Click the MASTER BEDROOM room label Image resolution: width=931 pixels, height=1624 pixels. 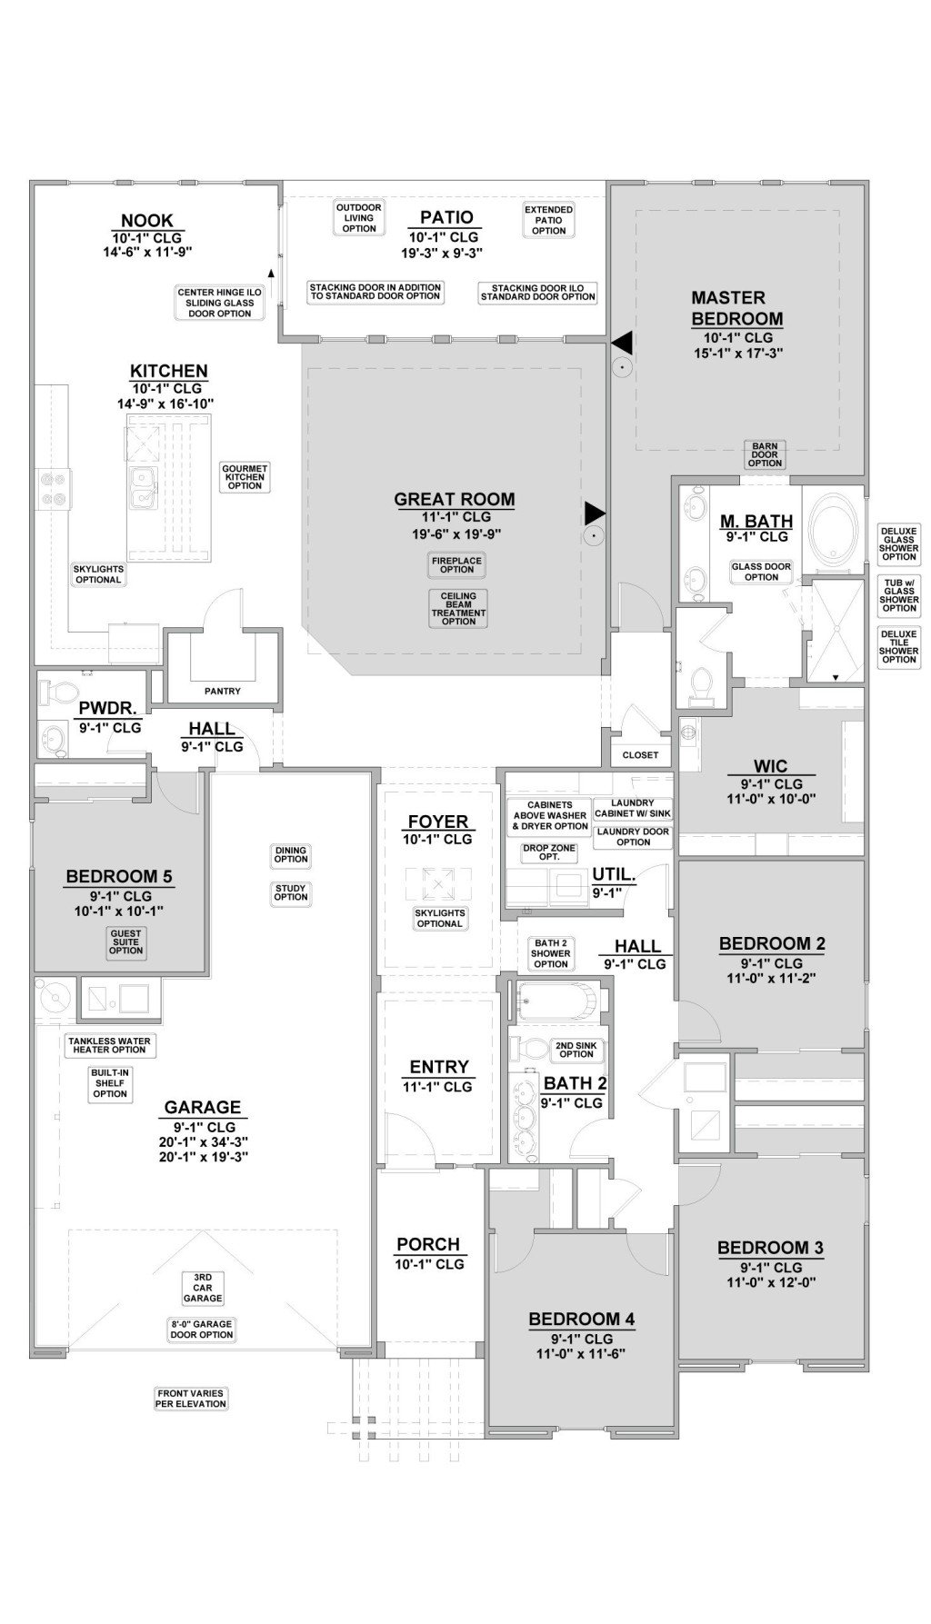736,308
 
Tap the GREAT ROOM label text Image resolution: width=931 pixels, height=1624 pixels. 454,499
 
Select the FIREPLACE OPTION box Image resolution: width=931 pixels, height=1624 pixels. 456,564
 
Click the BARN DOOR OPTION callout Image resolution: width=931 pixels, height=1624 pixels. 765,454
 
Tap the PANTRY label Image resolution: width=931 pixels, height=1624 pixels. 222,691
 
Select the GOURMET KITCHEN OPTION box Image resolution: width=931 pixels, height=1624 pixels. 245,477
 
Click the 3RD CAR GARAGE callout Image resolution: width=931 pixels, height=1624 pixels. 202,1288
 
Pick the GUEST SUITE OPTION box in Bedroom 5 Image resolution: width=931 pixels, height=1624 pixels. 125,942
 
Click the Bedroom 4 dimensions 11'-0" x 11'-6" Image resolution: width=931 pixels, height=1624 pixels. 581,1353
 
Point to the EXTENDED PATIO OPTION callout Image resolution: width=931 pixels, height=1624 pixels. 548,220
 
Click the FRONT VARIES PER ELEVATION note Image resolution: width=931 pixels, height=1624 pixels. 190,1398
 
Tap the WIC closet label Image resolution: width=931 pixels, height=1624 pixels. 770,765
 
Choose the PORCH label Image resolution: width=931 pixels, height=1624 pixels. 428,1244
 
